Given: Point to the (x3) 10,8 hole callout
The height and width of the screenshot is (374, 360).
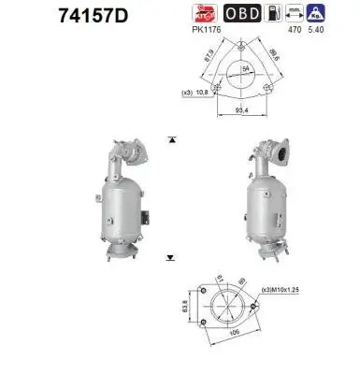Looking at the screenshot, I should click(x=194, y=93).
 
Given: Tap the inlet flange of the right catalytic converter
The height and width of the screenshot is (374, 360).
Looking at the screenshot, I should click(x=278, y=149).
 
